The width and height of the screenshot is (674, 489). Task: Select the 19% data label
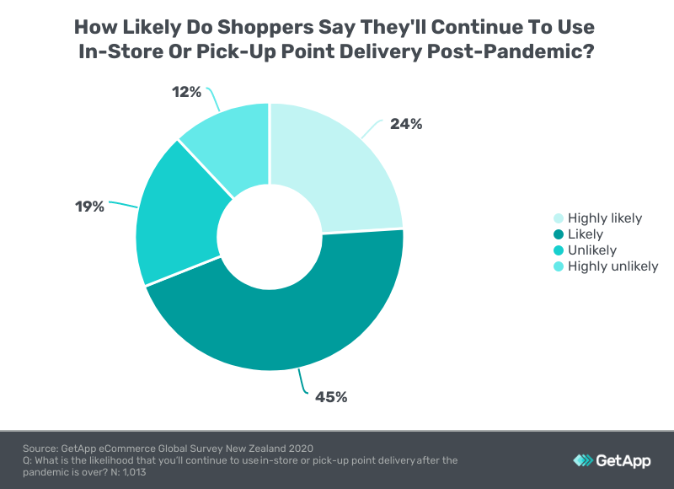pos(89,206)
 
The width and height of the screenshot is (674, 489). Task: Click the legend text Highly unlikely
pos(612,266)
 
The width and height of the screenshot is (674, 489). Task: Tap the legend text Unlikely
pos(591,250)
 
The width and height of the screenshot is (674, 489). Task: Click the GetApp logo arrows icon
pos(582,460)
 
